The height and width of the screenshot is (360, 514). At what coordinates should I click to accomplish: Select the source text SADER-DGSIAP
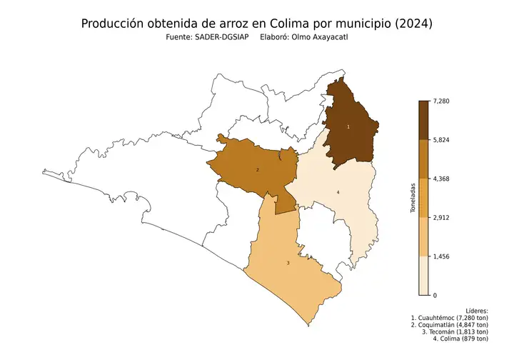tap(221, 37)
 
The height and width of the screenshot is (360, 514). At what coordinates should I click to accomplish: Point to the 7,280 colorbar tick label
tap(443, 101)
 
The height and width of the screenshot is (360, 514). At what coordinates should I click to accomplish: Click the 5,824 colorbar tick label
tap(443, 140)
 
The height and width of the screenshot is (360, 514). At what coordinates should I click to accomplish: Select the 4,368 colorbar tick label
tap(443, 179)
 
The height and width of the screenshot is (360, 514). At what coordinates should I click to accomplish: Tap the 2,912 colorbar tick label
tap(443, 217)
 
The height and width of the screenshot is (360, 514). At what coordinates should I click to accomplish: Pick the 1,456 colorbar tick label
tap(443, 256)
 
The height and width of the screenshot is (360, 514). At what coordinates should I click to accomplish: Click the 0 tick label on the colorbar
tap(435, 294)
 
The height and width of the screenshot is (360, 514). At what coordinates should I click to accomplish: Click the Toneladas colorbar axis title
tap(413, 198)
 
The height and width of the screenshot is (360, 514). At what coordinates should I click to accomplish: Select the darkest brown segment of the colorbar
tap(423, 120)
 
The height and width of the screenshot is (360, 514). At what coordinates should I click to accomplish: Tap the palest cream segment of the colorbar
tap(423, 275)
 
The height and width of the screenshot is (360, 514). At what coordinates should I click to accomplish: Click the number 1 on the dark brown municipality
tap(348, 126)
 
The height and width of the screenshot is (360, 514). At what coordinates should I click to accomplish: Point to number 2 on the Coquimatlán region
tap(257, 169)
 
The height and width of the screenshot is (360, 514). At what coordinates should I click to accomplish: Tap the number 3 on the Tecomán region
tap(288, 264)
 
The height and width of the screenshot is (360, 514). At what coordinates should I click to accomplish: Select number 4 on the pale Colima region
tap(338, 193)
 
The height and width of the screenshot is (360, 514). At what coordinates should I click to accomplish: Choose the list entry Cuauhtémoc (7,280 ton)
tap(450, 318)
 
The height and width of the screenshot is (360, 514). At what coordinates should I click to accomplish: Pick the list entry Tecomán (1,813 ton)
tap(455, 331)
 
